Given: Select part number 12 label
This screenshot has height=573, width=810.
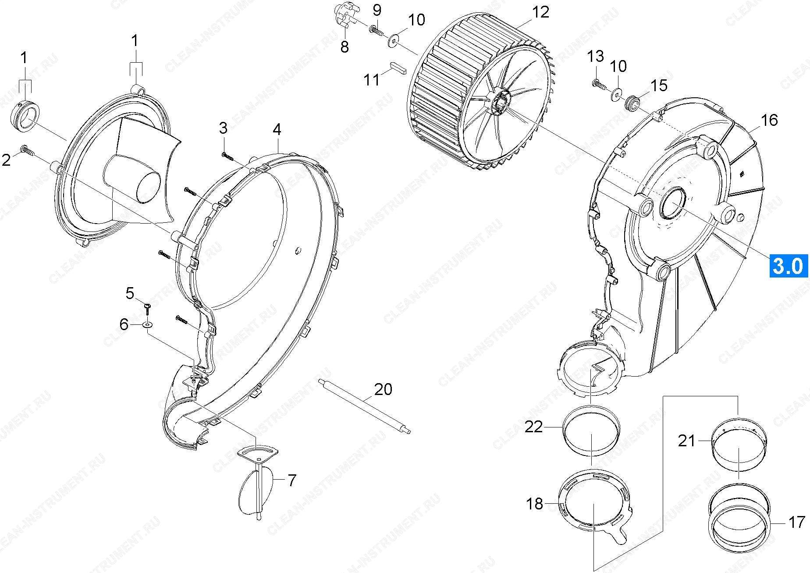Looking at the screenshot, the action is tap(540, 12).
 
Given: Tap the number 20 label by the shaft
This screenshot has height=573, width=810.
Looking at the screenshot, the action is tap(383, 389).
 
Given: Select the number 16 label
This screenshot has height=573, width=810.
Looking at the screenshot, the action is tap(769, 120).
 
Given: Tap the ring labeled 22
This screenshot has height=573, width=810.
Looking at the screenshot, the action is tap(591, 430).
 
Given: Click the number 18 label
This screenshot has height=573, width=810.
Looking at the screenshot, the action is tap(534, 504).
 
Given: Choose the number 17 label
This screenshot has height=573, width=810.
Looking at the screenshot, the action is tap(796, 522).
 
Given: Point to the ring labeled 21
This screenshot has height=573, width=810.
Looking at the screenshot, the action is tap(739, 446).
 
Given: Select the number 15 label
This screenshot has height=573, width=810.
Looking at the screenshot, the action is tap(658, 85).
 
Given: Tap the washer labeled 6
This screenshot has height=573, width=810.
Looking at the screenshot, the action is tap(148, 325).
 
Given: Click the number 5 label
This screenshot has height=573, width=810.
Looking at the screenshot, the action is tap(130, 293).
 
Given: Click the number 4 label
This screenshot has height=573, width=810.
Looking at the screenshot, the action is tap(277, 129).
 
